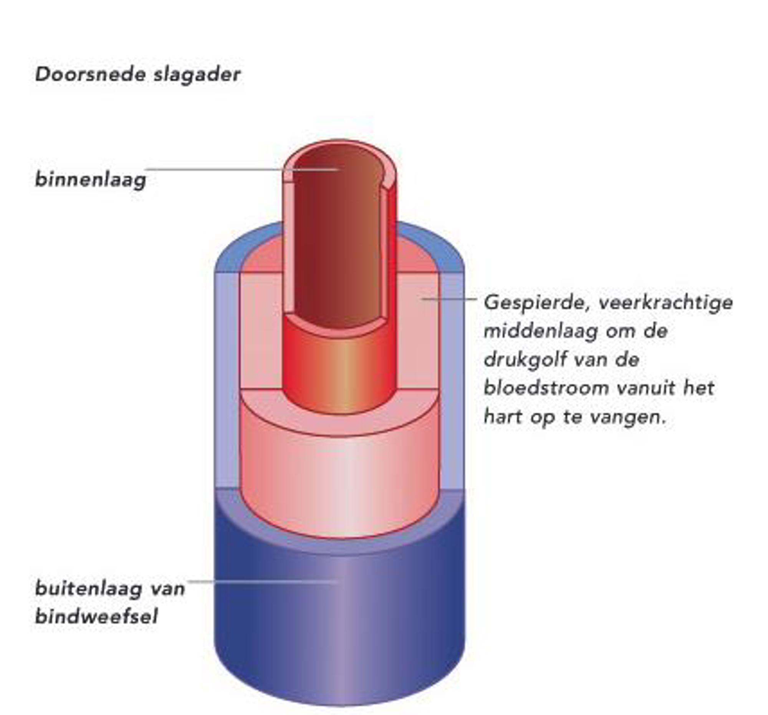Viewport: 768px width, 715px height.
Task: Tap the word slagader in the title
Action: coord(197,75)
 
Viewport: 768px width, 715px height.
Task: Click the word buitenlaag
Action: coord(88,589)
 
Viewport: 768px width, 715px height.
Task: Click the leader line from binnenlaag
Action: coord(216,169)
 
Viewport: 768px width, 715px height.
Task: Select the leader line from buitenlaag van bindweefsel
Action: coord(263,581)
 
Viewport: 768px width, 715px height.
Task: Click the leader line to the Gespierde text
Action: coord(450,299)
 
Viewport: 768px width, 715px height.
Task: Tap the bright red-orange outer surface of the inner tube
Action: coord(340,367)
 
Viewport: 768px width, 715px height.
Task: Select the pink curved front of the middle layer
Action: coord(340,483)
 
